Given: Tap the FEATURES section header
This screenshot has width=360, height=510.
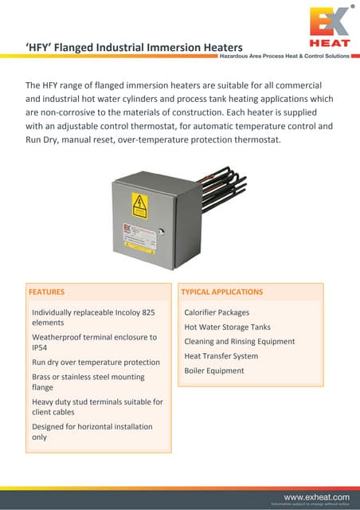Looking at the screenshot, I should (47, 292).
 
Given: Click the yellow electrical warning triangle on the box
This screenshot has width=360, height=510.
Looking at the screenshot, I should (139, 202).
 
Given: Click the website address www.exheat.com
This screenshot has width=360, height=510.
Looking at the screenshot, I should (316, 496).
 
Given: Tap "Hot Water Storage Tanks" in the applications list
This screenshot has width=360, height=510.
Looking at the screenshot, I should (227, 327).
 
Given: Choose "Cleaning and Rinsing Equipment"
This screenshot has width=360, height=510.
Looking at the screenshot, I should (239, 341).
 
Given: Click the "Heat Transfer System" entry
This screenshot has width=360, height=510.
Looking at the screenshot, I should (221, 356).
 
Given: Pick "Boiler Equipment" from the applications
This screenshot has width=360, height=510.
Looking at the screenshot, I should (213, 371).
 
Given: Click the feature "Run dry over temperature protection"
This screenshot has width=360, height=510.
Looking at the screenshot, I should (96, 362).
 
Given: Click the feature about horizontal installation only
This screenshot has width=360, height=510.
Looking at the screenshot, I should (92, 432).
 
